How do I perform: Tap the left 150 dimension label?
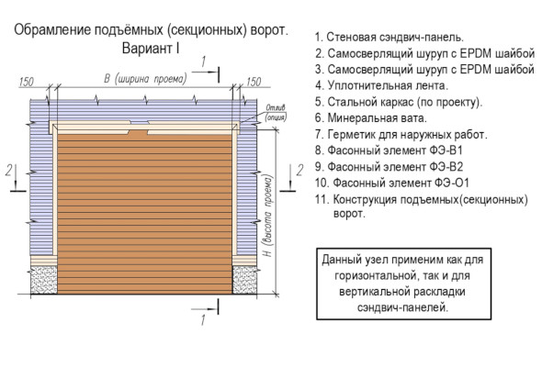(27, 82)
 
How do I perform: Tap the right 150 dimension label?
(254, 82)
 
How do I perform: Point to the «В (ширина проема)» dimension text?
(145, 79)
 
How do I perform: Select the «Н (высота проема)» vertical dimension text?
(268, 216)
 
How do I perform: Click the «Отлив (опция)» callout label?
(276, 113)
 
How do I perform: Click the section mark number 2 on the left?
(9, 170)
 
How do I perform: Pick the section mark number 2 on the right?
(299, 170)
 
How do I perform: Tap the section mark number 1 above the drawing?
(204, 62)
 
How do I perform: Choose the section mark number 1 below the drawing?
(203, 320)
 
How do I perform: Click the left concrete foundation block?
(44, 280)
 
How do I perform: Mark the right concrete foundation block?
(244, 280)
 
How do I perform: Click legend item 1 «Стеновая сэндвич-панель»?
(390, 38)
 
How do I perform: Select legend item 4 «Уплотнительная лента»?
(381, 85)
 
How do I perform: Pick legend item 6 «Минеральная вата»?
(371, 118)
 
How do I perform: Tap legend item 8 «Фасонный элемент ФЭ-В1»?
(389, 150)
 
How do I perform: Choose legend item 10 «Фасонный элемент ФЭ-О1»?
(392, 183)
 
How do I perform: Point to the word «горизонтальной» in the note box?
(376, 276)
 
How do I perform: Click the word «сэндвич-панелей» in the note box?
(402, 307)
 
